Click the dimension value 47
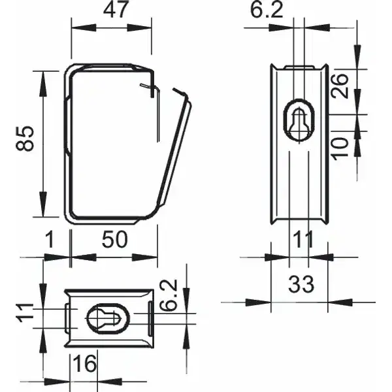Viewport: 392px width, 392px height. click(116, 10)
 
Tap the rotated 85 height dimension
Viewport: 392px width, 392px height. click(25, 139)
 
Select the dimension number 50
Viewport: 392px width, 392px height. click(115, 240)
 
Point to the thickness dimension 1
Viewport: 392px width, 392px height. click(50, 239)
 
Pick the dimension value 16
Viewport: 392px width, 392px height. click(85, 363)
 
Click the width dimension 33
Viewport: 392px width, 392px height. click(301, 284)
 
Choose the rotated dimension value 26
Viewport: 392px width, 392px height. click(340, 86)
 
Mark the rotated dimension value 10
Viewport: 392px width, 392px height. click(340, 148)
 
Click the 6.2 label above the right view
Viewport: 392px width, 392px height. click(267, 10)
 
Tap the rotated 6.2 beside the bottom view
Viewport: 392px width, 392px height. click(169, 295)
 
